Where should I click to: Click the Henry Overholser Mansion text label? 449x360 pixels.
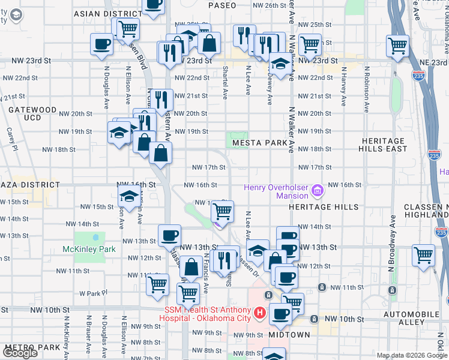276,191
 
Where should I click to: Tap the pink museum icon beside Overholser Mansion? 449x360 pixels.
318,191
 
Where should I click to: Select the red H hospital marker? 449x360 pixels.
259,313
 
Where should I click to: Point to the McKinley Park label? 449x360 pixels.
89,248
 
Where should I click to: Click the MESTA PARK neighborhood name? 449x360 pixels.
261,143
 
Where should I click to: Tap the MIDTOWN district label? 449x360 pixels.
289,334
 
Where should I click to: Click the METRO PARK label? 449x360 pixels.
30,347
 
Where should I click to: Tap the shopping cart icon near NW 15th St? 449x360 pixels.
223,211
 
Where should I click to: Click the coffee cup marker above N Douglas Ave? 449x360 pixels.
101,44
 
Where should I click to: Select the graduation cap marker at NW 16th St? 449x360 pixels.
129,196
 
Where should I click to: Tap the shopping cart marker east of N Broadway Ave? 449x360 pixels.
423,255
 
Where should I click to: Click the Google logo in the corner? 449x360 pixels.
20,353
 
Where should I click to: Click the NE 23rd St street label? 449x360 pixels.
433,62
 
